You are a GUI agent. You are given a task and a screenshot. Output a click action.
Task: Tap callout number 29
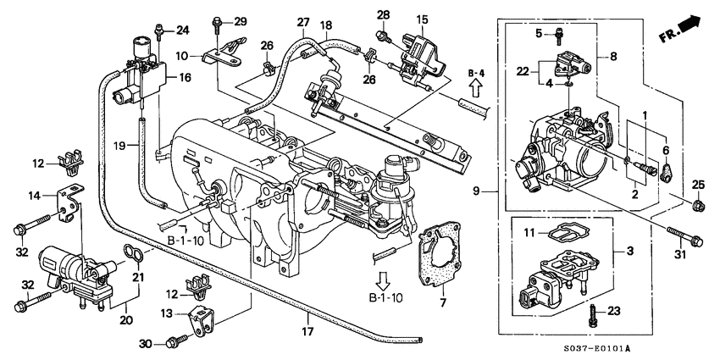click(240, 20)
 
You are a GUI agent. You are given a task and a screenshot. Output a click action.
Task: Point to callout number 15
click(422, 18)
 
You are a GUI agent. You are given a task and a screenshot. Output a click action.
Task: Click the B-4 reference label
click(476, 75)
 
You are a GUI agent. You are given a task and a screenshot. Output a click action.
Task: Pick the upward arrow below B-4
click(476, 90)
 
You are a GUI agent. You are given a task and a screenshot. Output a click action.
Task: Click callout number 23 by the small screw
click(613, 311)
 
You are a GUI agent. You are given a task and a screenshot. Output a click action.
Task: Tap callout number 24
click(183, 30)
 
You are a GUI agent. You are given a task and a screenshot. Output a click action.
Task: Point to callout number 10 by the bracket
click(183, 56)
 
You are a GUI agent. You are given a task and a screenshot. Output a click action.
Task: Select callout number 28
click(384, 14)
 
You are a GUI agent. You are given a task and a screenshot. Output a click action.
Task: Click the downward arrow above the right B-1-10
click(386, 280)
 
